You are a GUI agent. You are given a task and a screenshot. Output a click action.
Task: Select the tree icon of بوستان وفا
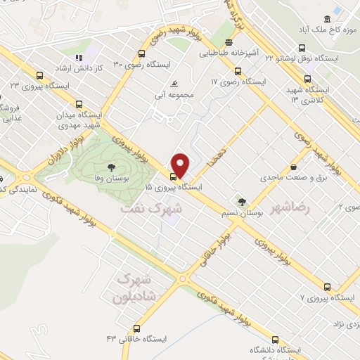pos(111,167)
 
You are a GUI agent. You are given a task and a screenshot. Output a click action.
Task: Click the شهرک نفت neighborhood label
pos(151,209)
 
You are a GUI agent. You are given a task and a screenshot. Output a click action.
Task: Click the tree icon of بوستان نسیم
pos(243,202)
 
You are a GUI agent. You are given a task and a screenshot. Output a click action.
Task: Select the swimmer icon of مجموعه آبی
pos(165,84)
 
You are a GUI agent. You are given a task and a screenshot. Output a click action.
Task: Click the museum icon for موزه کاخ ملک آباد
pos(326,20)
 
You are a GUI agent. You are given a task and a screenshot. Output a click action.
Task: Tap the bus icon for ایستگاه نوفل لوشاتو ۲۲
pos(302,48)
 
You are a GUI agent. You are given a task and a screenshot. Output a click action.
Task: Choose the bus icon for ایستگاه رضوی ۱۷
pos(237,71)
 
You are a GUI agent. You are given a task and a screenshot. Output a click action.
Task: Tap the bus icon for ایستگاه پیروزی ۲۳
pos(39,74)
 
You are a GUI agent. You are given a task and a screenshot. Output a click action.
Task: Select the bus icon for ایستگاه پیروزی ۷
pos(326,287)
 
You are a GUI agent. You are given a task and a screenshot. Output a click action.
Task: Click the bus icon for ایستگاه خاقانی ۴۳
pos(136,328)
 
